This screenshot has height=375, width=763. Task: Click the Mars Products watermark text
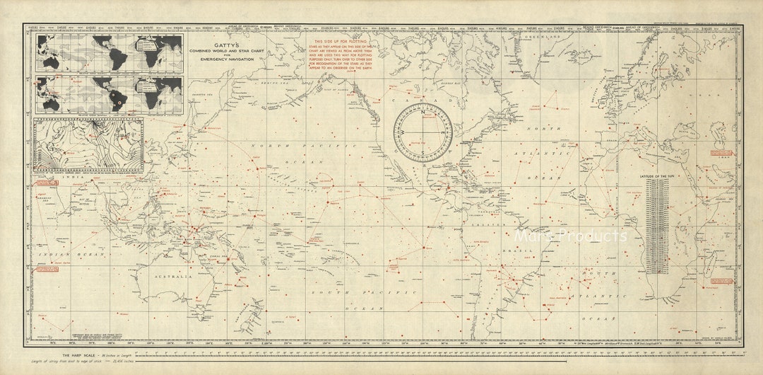[570, 236]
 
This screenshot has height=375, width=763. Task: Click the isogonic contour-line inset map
[88, 146]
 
